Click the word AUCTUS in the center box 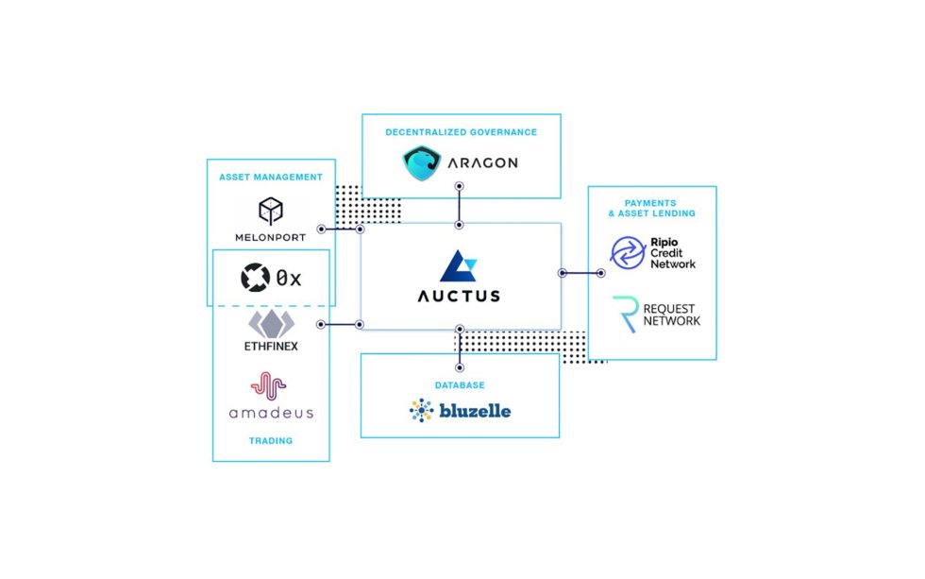tap(459, 296)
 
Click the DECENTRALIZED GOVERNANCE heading tap(461, 132)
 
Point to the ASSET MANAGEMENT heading tap(270, 177)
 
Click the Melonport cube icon tap(271, 210)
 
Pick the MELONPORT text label tap(271, 237)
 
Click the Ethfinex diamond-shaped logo tap(271, 322)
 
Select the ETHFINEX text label tap(271, 347)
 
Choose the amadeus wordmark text tap(270, 413)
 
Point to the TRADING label tap(270, 440)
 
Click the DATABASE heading tap(460, 385)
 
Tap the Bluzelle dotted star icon tap(421, 410)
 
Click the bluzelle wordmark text tap(475, 411)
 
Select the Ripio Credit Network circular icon tap(627, 252)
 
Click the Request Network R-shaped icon tap(625, 314)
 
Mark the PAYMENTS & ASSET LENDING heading tap(652, 208)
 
